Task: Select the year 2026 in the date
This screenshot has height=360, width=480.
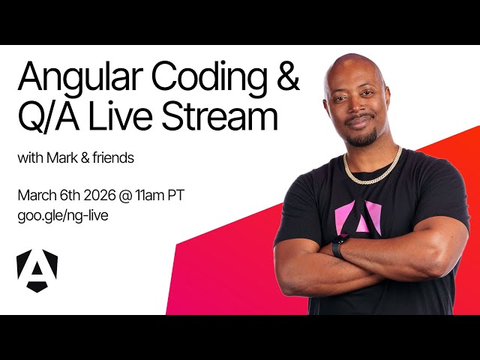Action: tap(97, 196)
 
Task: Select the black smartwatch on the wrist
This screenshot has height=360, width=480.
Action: tap(340, 247)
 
